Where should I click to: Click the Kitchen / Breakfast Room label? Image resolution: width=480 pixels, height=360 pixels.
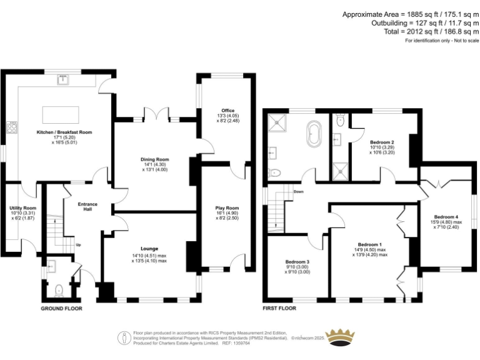tap(64, 132)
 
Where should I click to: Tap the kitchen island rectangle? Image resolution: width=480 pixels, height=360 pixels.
tap(61, 115)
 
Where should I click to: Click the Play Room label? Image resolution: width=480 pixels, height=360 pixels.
tap(227, 207)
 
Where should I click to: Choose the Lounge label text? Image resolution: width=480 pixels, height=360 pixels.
tap(149, 249)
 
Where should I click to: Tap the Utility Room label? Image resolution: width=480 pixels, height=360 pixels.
tap(22, 207)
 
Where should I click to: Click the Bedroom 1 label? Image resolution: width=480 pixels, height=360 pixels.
tap(370, 244)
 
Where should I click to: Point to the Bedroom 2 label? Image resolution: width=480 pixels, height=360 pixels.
tap(381, 142)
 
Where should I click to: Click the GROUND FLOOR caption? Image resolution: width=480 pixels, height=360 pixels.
tap(61, 309)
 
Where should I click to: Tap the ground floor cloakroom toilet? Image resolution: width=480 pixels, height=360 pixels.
tap(58, 289)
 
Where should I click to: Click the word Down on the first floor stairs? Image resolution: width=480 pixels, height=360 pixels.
tap(299, 192)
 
